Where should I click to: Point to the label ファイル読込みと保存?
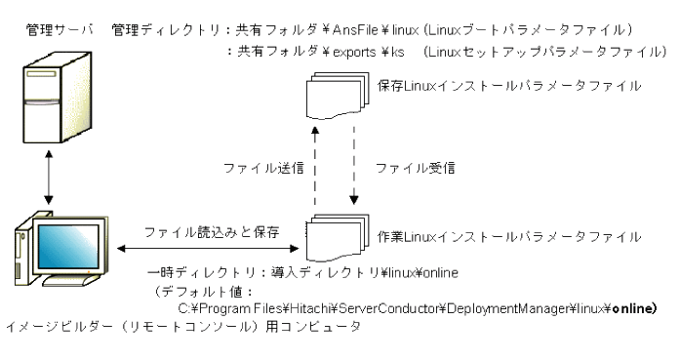coord(212,232)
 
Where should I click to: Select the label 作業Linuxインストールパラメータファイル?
coord(507,237)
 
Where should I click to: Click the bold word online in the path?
coord(631,309)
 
